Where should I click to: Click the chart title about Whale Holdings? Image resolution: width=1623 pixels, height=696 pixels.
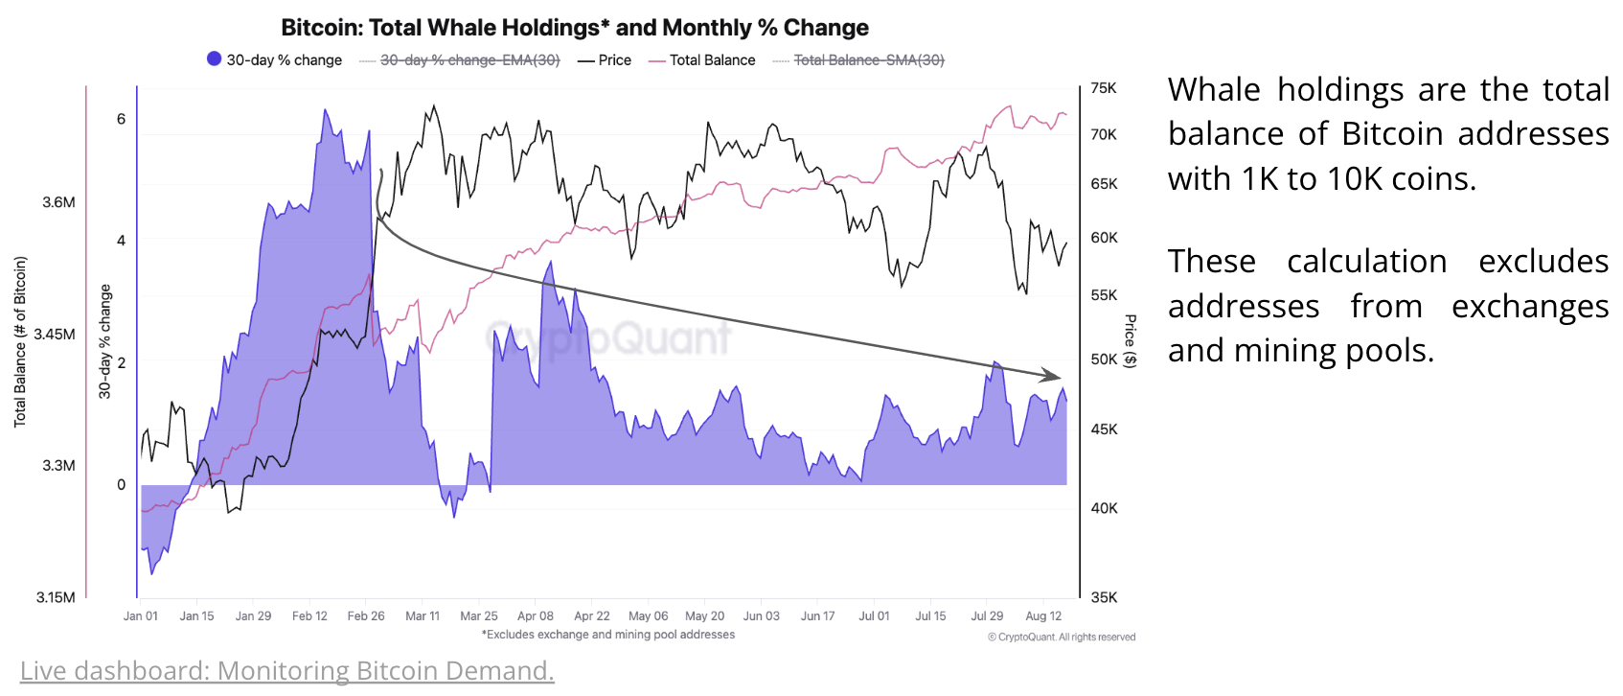pos(575,28)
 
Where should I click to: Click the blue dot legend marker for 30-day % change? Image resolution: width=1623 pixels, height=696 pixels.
pos(215,58)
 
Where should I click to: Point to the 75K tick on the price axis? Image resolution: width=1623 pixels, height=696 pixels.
pos(1104,88)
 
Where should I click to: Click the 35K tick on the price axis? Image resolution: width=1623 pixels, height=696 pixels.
pos(1104,597)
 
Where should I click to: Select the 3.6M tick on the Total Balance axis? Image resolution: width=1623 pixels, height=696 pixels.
pos(58,202)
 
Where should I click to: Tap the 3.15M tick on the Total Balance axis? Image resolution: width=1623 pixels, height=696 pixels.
pos(56,597)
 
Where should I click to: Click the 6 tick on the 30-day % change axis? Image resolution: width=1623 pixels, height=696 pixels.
pos(121,119)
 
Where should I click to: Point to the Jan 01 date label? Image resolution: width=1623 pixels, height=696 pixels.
pos(141,616)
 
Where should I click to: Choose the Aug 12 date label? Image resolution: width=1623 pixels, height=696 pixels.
pos(1043,616)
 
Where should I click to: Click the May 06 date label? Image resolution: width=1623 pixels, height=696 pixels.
pos(649,616)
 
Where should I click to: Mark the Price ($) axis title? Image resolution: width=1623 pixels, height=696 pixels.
pos(1131,340)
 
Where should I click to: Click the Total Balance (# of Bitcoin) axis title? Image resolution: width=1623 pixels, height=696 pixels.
pos(20,341)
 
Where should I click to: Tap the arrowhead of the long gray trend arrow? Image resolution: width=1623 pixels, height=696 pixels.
pos(1054,376)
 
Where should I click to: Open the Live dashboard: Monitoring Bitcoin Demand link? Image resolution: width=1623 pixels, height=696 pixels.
pos(287,671)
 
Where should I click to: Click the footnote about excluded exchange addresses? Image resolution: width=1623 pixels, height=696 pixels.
pos(608,635)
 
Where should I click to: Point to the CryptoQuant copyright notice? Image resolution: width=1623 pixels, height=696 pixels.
pos(1062,637)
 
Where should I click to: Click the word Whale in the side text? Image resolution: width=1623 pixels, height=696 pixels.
pos(1214,90)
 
